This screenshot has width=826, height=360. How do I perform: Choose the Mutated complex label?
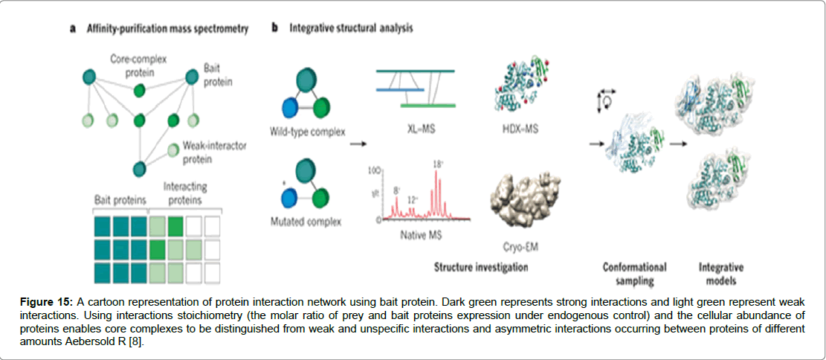(306, 222)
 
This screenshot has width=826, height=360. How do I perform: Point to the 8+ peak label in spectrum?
(397, 190)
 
